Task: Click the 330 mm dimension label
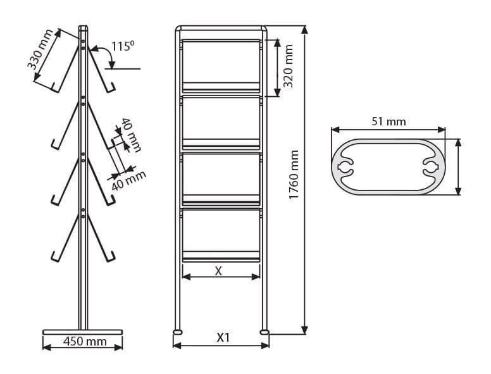click(x=40, y=49)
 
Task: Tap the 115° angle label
click(x=123, y=46)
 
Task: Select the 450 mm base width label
click(x=85, y=341)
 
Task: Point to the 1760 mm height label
click(x=294, y=175)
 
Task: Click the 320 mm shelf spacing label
click(x=288, y=66)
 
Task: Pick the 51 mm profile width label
click(x=388, y=122)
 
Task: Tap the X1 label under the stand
click(x=223, y=337)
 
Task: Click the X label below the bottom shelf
click(x=218, y=271)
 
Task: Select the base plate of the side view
click(x=83, y=332)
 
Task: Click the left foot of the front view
click(x=178, y=332)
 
